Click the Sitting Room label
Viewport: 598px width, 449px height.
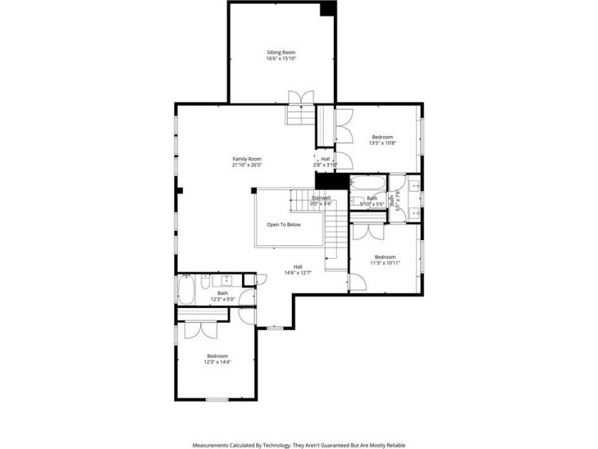click(281, 52)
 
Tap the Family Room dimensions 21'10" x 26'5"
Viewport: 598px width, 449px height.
click(247, 165)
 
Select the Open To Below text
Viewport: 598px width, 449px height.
click(284, 224)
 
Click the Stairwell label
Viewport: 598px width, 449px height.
click(321, 197)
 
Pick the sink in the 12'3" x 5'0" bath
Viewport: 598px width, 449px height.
click(229, 279)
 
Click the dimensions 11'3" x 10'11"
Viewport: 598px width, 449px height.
click(385, 263)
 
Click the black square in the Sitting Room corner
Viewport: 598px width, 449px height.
click(327, 8)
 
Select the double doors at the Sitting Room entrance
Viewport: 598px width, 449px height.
click(300, 98)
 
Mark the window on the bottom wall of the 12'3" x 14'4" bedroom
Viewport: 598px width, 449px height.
click(216, 400)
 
